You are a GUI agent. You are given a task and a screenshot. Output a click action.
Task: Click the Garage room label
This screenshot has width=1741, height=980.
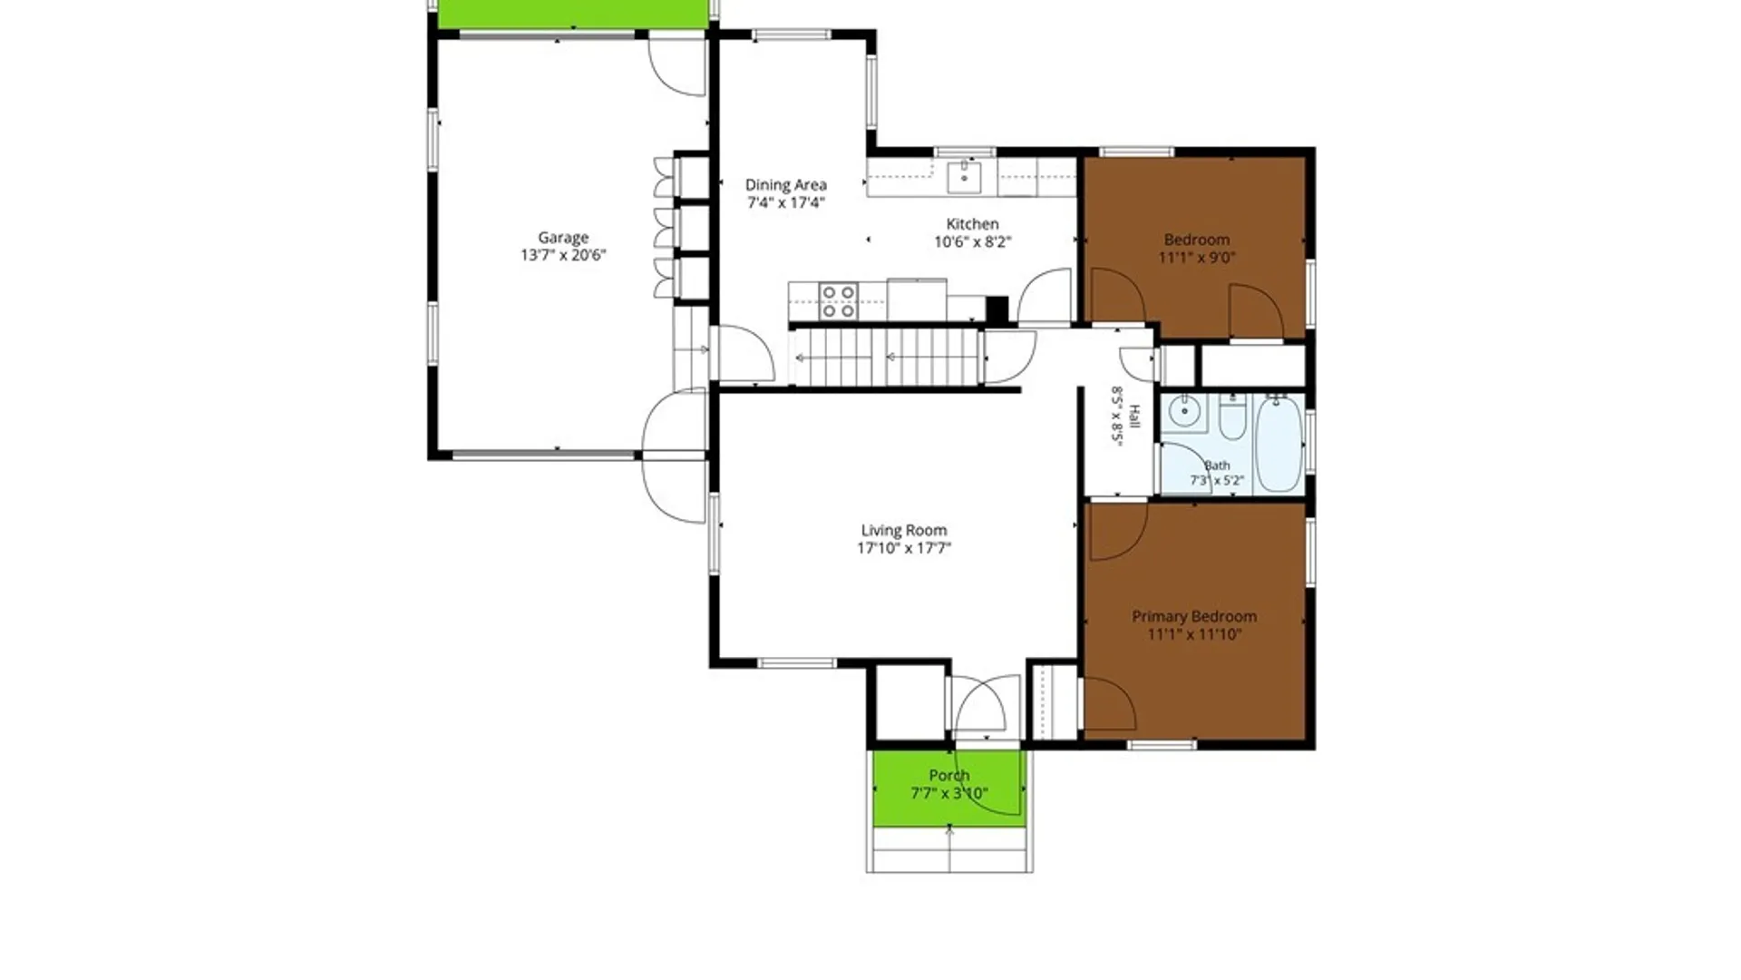click(563, 238)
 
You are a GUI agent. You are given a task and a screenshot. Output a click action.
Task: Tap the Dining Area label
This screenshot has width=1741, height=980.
click(786, 185)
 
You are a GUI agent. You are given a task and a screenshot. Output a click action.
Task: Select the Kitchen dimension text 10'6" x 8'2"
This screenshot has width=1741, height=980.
click(973, 241)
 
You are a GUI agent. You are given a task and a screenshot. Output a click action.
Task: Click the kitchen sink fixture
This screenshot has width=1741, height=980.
click(964, 177)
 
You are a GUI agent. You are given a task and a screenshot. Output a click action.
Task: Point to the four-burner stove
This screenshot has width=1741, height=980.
click(838, 301)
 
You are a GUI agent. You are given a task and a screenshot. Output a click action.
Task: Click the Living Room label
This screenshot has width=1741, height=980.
click(904, 531)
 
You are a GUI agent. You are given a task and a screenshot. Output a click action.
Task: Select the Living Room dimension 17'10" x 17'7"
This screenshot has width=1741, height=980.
click(904, 548)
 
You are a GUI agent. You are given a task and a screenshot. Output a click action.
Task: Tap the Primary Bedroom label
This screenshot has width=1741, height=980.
click(1194, 617)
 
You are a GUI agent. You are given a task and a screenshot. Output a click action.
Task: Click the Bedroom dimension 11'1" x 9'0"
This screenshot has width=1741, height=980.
click(1197, 257)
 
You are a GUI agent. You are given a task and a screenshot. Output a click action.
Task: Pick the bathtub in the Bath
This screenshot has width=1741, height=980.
click(1279, 445)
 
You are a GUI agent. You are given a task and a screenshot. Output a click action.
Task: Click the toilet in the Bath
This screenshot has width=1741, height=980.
click(1232, 418)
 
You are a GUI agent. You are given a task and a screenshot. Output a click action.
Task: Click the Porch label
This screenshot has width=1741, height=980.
click(949, 776)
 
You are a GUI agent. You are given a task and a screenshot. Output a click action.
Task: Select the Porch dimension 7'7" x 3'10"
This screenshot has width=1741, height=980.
click(949, 794)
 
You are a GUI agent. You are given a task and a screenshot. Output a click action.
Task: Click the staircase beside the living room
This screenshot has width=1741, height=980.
click(886, 358)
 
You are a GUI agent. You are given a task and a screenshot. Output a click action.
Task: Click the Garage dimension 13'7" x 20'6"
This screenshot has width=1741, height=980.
click(563, 256)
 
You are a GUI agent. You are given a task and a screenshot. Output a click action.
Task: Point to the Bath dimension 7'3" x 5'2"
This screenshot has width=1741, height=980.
click(1217, 481)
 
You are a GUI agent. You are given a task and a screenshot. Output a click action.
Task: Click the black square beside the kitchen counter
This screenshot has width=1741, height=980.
click(997, 309)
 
